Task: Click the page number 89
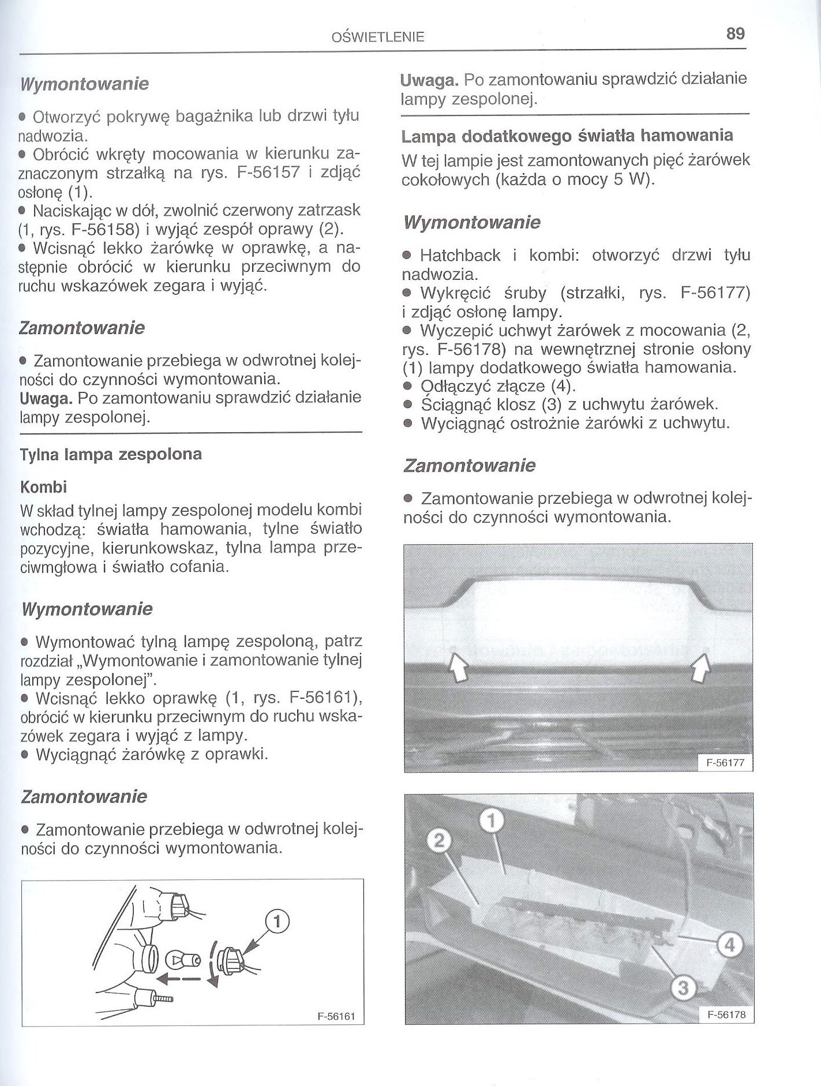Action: click(735, 33)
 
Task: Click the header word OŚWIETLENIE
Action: click(378, 38)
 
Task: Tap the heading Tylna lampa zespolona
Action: click(111, 454)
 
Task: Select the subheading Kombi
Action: click(43, 488)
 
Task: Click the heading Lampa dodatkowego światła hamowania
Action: click(567, 136)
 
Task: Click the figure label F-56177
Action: click(725, 763)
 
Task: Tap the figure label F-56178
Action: click(725, 1015)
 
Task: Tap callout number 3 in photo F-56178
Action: click(683, 989)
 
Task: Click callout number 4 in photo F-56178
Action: click(729, 945)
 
